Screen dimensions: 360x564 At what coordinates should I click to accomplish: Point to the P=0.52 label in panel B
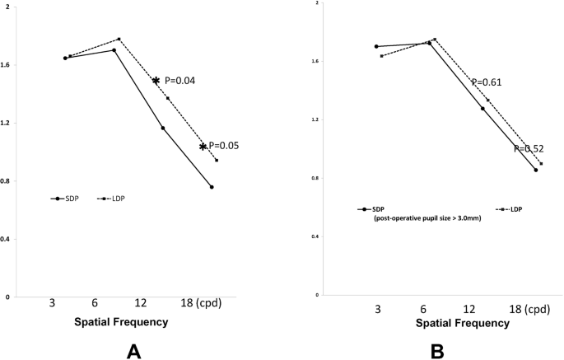(x=530, y=149)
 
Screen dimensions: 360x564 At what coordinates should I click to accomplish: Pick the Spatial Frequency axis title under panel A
(x=123, y=322)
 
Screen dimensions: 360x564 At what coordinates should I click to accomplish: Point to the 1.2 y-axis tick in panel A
(x=11, y=123)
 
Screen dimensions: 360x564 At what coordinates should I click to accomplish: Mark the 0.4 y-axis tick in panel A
(x=11, y=239)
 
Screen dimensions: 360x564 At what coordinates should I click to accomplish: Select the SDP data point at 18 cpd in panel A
(x=212, y=187)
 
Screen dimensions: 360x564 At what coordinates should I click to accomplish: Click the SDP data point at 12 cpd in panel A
(x=162, y=128)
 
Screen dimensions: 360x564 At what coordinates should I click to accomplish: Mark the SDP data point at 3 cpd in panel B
(x=376, y=46)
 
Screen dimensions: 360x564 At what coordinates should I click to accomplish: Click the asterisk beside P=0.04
(x=156, y=81)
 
